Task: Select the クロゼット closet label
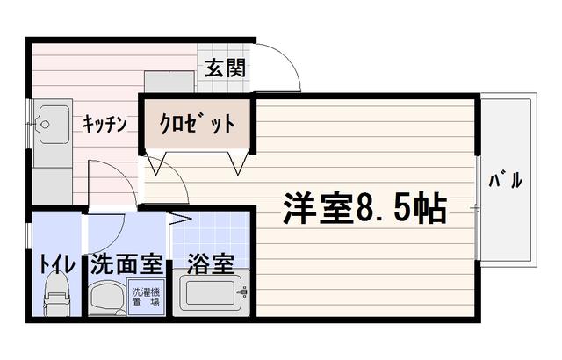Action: click(x=197, y=124)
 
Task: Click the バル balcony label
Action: click(x=506, y=182)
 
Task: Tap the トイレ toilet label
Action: click(x=55, y=263)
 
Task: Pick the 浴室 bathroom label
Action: click(x=210, y=263)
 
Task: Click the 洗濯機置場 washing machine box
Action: click(x=145, y=297)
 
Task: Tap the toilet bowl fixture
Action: click(x=56, y=295)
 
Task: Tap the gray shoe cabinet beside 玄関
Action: click(x=169, y=80)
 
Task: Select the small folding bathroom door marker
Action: click(x=182, y=216)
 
